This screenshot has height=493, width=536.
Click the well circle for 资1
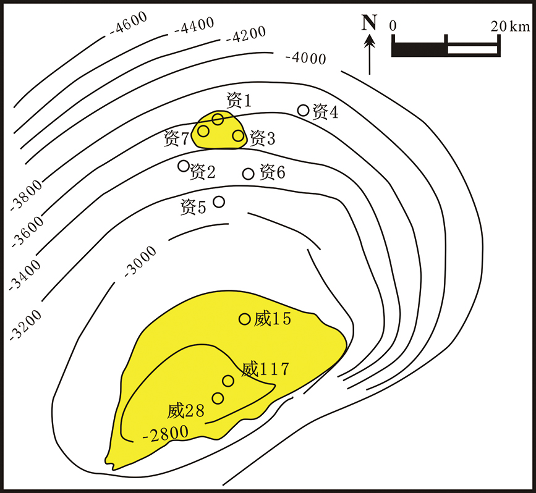[x=218, y=119]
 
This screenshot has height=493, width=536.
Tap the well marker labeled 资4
[x=304, y=110]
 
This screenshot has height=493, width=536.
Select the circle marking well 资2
[x=184, y=166]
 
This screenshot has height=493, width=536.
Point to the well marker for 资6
[x=249, y=174]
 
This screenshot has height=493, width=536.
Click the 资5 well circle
[x=219, y=201]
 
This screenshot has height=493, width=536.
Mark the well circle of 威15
[x=245, y=319]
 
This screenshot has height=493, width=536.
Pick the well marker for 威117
[x=228, y=381]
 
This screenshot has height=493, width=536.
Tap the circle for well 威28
[x=218, y=398]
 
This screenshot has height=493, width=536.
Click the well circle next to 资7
[x=203, y=130]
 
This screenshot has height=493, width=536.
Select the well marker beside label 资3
[x=239, y=135]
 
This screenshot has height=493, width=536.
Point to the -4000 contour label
[x=305, y=59]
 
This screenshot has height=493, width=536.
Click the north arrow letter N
[x=369, y=23]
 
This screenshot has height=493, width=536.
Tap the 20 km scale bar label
[x=509, y=26]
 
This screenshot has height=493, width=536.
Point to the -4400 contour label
[x=194, y=27]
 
